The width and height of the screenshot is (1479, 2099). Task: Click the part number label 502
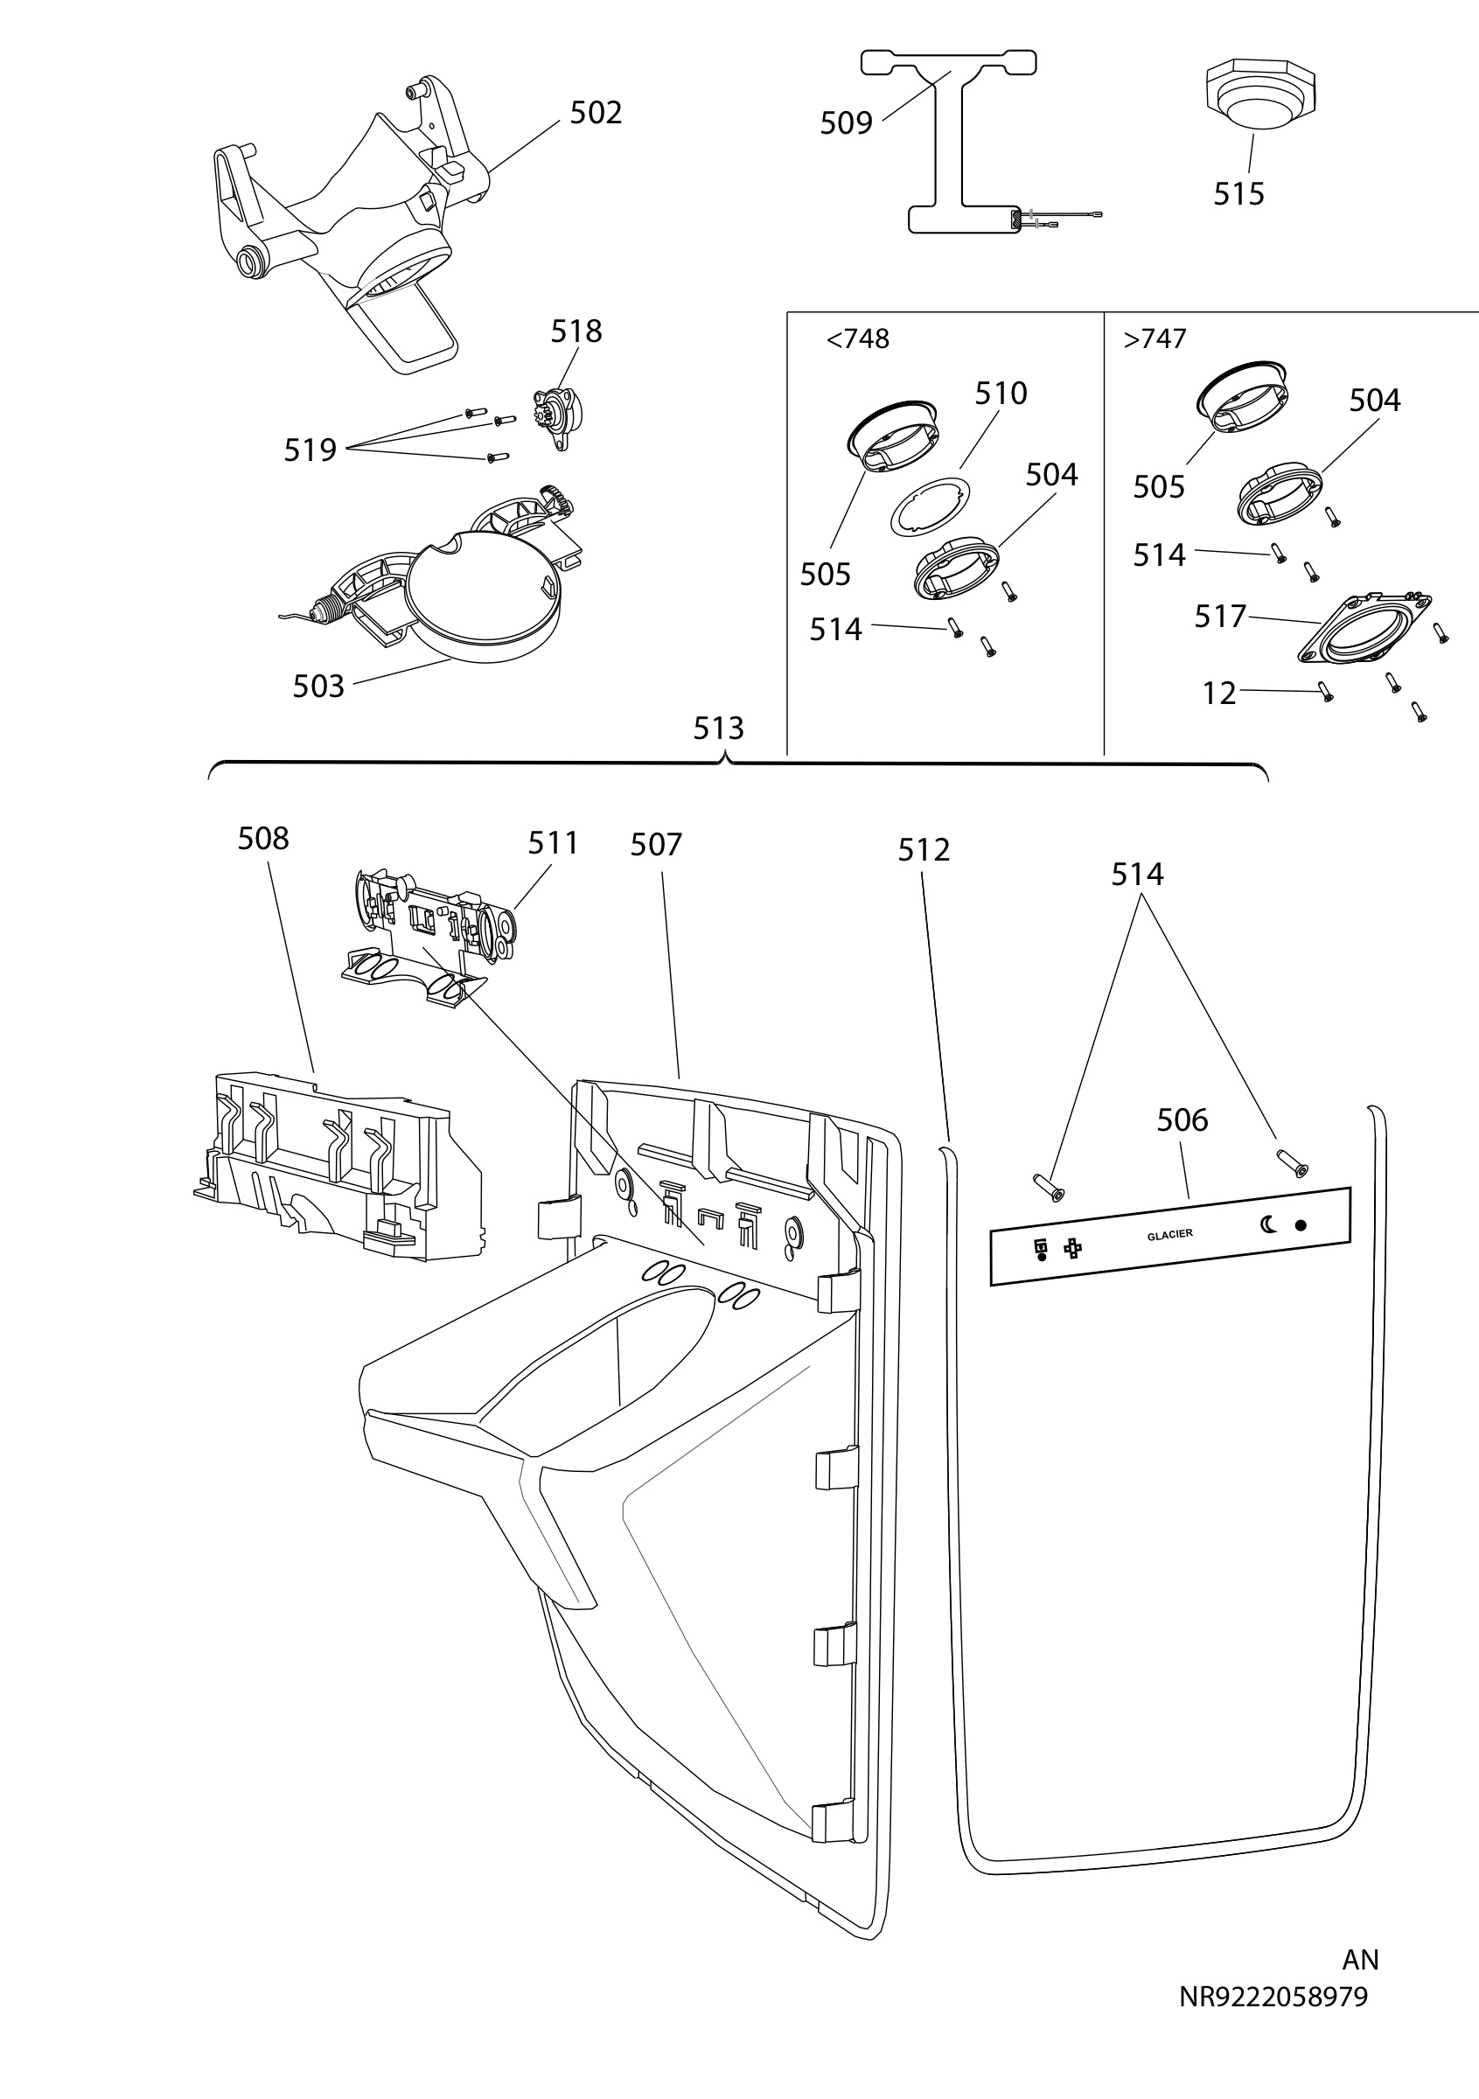click(596, 113)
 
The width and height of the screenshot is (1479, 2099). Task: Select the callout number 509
click(846, 122)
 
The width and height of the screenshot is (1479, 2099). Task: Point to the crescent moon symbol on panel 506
click(1269, 1224)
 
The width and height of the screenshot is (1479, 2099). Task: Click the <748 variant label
click(857, 339)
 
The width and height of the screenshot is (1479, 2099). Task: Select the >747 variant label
click(1155, 339)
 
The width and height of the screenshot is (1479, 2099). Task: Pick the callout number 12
click(1219, 694)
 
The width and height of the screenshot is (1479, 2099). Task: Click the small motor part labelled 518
click(558, 416)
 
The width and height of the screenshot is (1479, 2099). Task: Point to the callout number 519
click(310, 450)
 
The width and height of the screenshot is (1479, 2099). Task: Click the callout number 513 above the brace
click(718, 729)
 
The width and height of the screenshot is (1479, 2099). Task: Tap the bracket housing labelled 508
click(338, 1167)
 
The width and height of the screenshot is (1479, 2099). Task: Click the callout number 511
click(553, 843)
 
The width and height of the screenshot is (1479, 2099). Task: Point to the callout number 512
click(924, 850)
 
